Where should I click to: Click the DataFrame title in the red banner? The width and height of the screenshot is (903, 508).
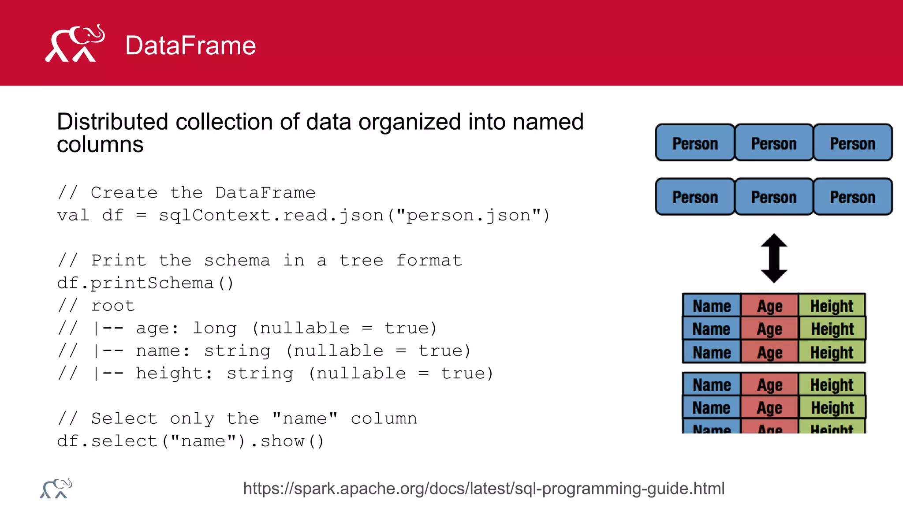190,45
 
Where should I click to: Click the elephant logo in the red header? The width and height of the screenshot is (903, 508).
75,44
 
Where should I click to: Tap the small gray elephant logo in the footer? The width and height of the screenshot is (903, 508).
56,488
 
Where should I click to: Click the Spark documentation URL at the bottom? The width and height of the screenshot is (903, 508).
484,489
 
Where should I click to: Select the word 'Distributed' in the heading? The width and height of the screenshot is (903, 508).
112,122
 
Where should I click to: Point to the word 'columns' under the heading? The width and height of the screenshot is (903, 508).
100,145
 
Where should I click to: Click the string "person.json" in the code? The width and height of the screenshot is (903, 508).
469,216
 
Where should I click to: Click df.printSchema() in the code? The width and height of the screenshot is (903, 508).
146,283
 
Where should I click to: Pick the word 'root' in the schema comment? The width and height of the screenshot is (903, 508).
113,306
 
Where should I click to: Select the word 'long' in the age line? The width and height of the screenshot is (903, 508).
215,328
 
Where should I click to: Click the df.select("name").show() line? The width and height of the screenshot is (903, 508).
190,441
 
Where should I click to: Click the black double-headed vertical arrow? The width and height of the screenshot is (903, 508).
774,258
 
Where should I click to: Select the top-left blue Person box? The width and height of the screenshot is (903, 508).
695,143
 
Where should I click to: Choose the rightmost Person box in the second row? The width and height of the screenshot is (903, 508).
852,197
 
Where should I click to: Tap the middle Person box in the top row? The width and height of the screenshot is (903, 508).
774,143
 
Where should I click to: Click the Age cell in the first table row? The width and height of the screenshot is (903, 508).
769,306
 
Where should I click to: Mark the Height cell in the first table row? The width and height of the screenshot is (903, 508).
832,306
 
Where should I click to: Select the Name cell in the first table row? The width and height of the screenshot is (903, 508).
711,306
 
